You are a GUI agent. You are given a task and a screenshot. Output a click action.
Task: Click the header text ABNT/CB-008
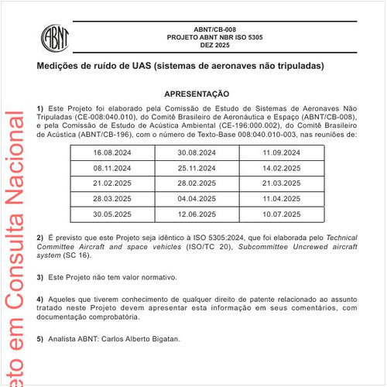204,28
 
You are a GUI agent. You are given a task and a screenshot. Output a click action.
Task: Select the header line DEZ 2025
204,46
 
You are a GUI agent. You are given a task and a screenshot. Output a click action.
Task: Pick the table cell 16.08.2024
112,153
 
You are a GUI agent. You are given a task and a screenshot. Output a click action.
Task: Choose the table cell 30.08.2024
197,153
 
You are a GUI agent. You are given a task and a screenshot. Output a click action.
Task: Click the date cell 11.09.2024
282,153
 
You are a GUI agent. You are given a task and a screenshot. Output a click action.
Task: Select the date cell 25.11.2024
197,168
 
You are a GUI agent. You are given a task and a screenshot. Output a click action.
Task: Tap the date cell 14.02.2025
282,168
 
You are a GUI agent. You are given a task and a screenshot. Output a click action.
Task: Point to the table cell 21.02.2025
112,183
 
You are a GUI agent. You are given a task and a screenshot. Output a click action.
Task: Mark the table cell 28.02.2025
197,183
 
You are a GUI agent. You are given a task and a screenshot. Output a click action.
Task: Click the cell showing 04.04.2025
197,198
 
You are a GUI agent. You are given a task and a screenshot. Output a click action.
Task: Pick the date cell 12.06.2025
197,214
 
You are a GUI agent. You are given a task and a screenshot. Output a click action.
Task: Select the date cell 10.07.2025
282,214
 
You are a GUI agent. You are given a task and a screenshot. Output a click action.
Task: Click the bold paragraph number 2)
40,236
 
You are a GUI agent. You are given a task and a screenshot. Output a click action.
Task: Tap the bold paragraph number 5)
40,338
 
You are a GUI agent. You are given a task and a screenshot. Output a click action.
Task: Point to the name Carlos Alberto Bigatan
141,338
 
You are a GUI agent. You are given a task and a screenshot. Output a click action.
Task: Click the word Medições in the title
58,66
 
